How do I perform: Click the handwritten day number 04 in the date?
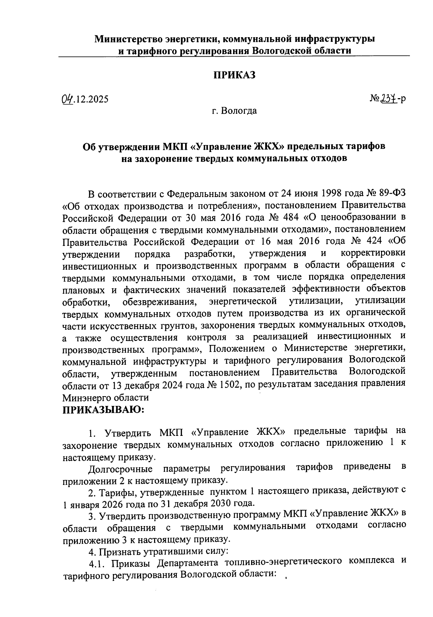pyautogui.click(x=66, y=98)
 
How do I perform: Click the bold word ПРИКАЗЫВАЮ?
pyautogui.click(x=104, y=410)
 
